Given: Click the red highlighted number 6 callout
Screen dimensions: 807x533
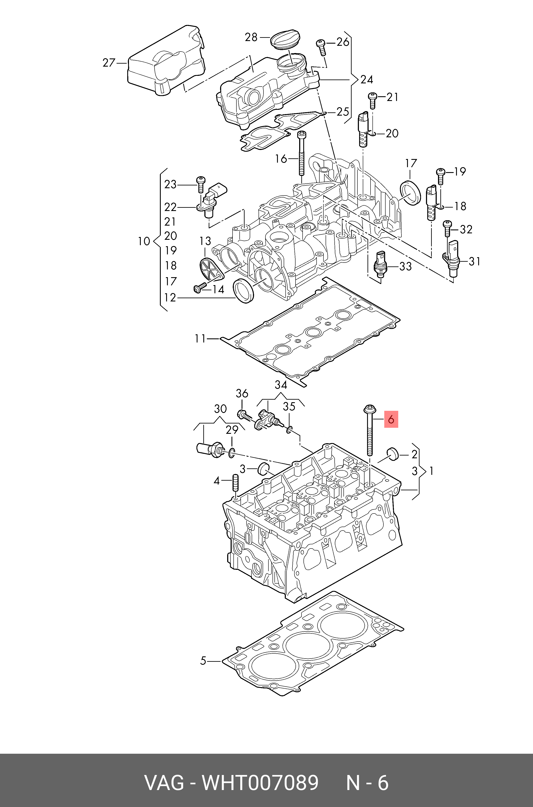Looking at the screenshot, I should [x=391, y=420].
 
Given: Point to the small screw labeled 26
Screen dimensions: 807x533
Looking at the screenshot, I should [x=321, y=47].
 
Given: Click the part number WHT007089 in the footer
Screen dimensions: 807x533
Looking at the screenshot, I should [x=260, y=783].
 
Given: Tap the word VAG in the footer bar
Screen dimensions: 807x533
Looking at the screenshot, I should [x=164, y=783].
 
